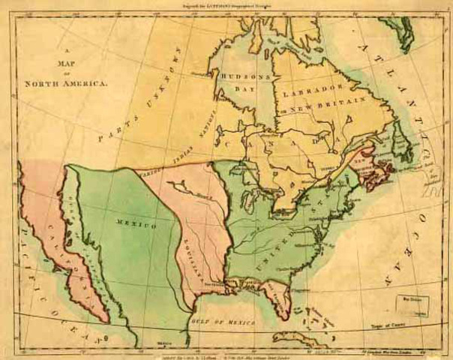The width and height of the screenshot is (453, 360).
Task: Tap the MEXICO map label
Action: click(x=136, y=225)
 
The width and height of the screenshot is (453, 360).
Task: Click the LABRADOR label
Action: click(x=309, y=88)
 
